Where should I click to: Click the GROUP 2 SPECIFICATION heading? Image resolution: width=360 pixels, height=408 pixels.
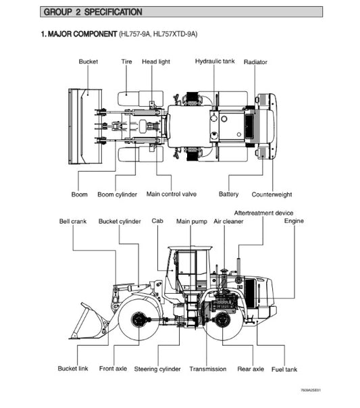coord(93,12)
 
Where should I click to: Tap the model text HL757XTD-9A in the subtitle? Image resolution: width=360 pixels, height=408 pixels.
coord(174,34)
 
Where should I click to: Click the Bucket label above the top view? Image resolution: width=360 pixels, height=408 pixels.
coord(88,61)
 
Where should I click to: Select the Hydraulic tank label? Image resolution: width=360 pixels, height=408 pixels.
coord(215,61)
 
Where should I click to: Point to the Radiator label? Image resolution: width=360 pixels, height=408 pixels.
coord(255,62)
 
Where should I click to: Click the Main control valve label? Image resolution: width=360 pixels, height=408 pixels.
coord(172,194)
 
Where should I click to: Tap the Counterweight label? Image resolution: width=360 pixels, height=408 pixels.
coord(272,195)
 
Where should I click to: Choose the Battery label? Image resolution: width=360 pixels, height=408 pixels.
coord(229,195)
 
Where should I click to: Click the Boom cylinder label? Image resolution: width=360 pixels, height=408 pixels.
coord(117,195)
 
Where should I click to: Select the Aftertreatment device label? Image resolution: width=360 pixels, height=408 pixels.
coord(263,213)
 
